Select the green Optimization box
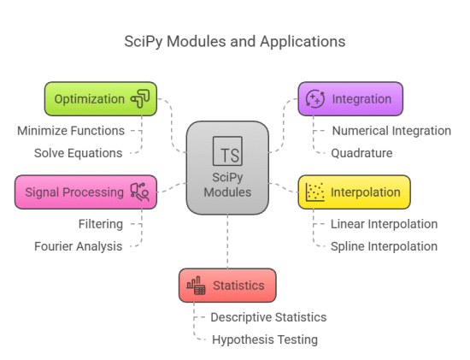101,99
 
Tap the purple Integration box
350,99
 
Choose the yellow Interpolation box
354,192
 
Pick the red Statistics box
227,286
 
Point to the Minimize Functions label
71,131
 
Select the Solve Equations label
78,153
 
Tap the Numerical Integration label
391,131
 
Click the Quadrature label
362,153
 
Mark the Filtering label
99,224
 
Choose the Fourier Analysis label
79,246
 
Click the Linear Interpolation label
385,224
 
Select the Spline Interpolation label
385,246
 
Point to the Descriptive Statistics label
268,317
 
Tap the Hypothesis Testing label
264,339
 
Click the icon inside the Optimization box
140,99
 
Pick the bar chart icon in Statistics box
197,286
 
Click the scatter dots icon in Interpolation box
314,192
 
